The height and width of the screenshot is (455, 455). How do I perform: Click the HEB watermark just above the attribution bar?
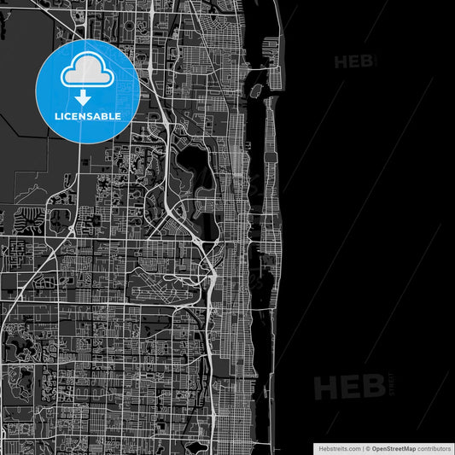(x=351, y=387)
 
